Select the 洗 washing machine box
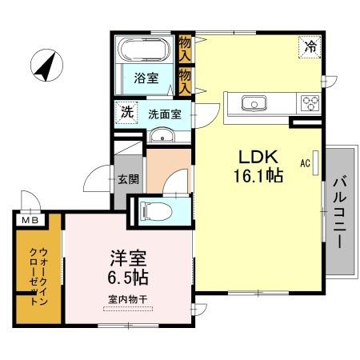click(126, 113)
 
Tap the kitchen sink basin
click(254, 103)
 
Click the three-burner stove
click(309, 103)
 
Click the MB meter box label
click(30, 220)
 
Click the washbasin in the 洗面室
click(162, 133)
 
